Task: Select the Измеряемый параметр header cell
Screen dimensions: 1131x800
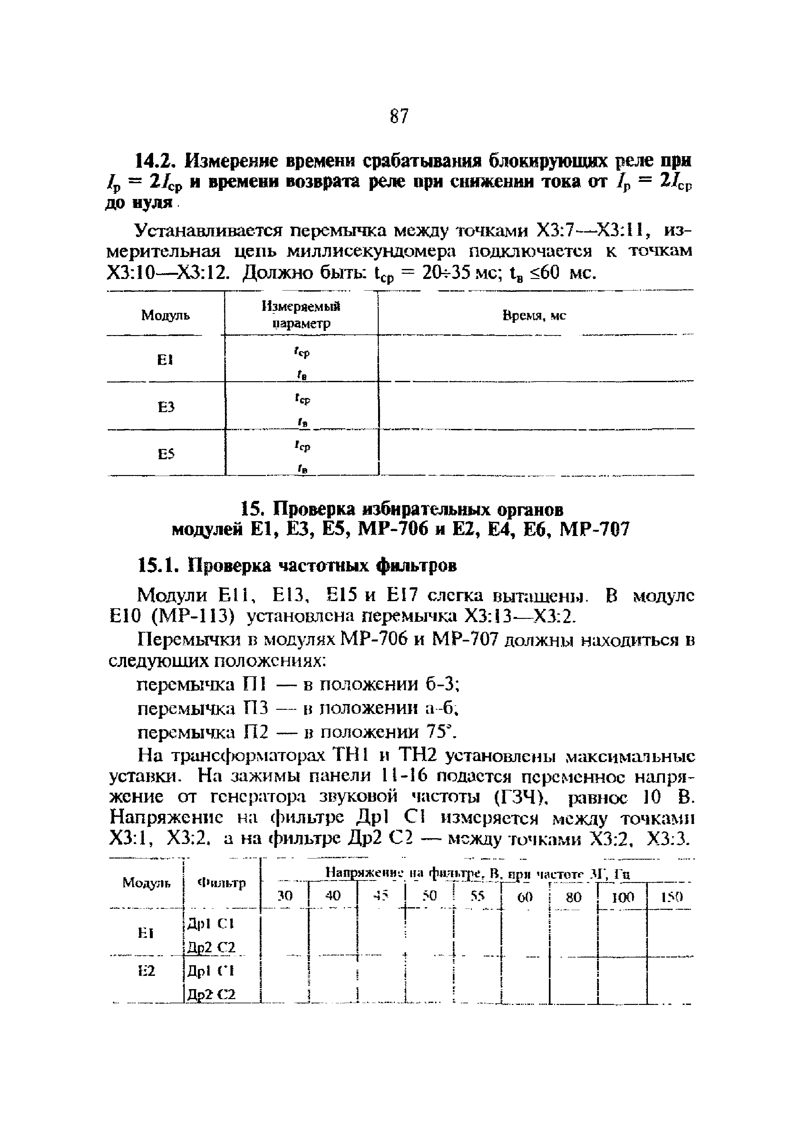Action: click(301, 315)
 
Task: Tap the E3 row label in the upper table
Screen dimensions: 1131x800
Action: click(166, 407)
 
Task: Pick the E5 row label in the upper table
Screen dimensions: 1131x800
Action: click(166, 454)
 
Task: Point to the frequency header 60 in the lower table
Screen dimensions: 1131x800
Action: click(525, 897)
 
